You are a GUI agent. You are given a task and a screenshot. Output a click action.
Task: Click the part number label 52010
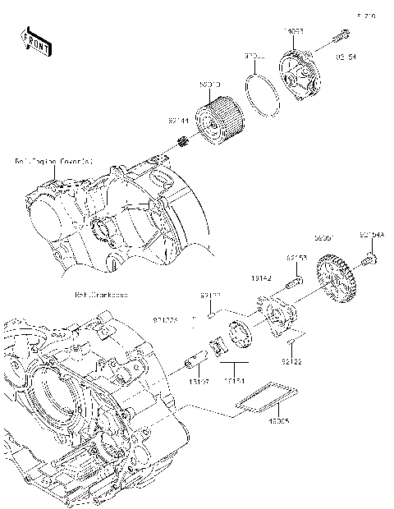click(x=210, y=85)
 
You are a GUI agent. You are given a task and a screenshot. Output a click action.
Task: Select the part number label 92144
click(x=177, y=120)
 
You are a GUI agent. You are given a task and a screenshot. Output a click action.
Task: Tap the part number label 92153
click(x=296, y=258)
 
